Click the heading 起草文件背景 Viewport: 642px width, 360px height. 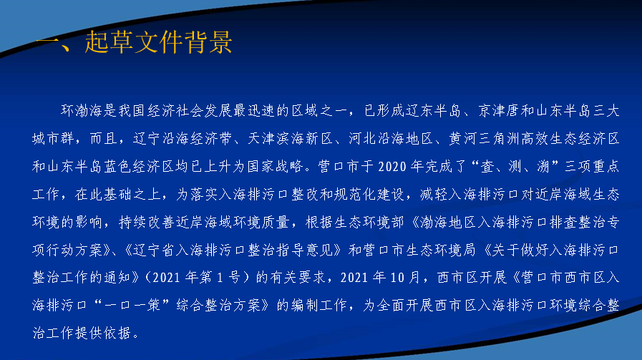[x=158, y=42]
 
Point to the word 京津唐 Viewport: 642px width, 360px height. [x=499, y=111]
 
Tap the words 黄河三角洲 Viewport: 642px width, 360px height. [x=485, y=138]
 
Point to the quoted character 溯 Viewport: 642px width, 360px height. [x=543, y=166]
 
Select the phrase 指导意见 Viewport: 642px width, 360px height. [x=305, y=250]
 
